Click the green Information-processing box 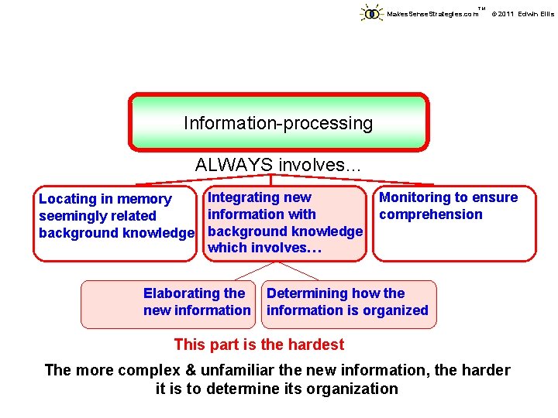tap(278, 122)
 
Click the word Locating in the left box tap(66, 200)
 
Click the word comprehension tap(430, 214)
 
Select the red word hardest tap(315, 344)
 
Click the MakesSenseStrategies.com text tap(432, 14)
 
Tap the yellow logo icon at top tap(372, 13)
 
